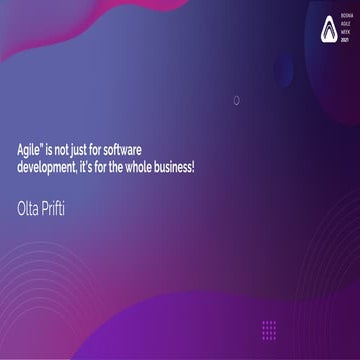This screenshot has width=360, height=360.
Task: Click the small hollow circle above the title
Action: coord(236,100)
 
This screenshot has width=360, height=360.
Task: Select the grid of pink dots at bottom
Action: coord(269,329)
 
